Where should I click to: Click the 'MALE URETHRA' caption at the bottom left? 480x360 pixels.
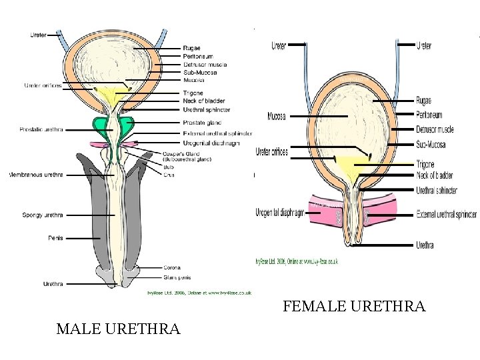(x=118, y=329)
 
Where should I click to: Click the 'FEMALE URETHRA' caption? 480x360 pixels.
(x=353, y=307)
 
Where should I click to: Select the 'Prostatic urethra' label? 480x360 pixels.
(x=41, y=129)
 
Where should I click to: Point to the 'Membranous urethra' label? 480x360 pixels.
(x=35, y=175)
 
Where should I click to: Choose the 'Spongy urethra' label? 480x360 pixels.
(x=43, y=215)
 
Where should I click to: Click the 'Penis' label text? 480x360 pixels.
(x=56, y=237)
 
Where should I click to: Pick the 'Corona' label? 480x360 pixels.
(x=172, y=268)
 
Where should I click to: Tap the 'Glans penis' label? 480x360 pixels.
(x=177, y=277)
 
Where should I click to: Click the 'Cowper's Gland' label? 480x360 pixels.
(x=181, y=154)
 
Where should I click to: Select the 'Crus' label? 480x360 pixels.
(x=169, y=175)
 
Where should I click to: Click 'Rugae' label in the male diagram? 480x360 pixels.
(x=191, y=48)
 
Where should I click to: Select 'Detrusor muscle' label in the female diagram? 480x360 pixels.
(x=435, y=129)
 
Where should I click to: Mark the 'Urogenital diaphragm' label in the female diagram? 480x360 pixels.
(x=280, y=213)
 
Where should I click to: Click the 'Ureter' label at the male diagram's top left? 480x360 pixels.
(x=38, y=35)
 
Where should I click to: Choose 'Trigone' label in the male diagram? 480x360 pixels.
(x=192, y=93)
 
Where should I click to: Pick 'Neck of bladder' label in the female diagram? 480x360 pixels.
(x=435, y=175)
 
